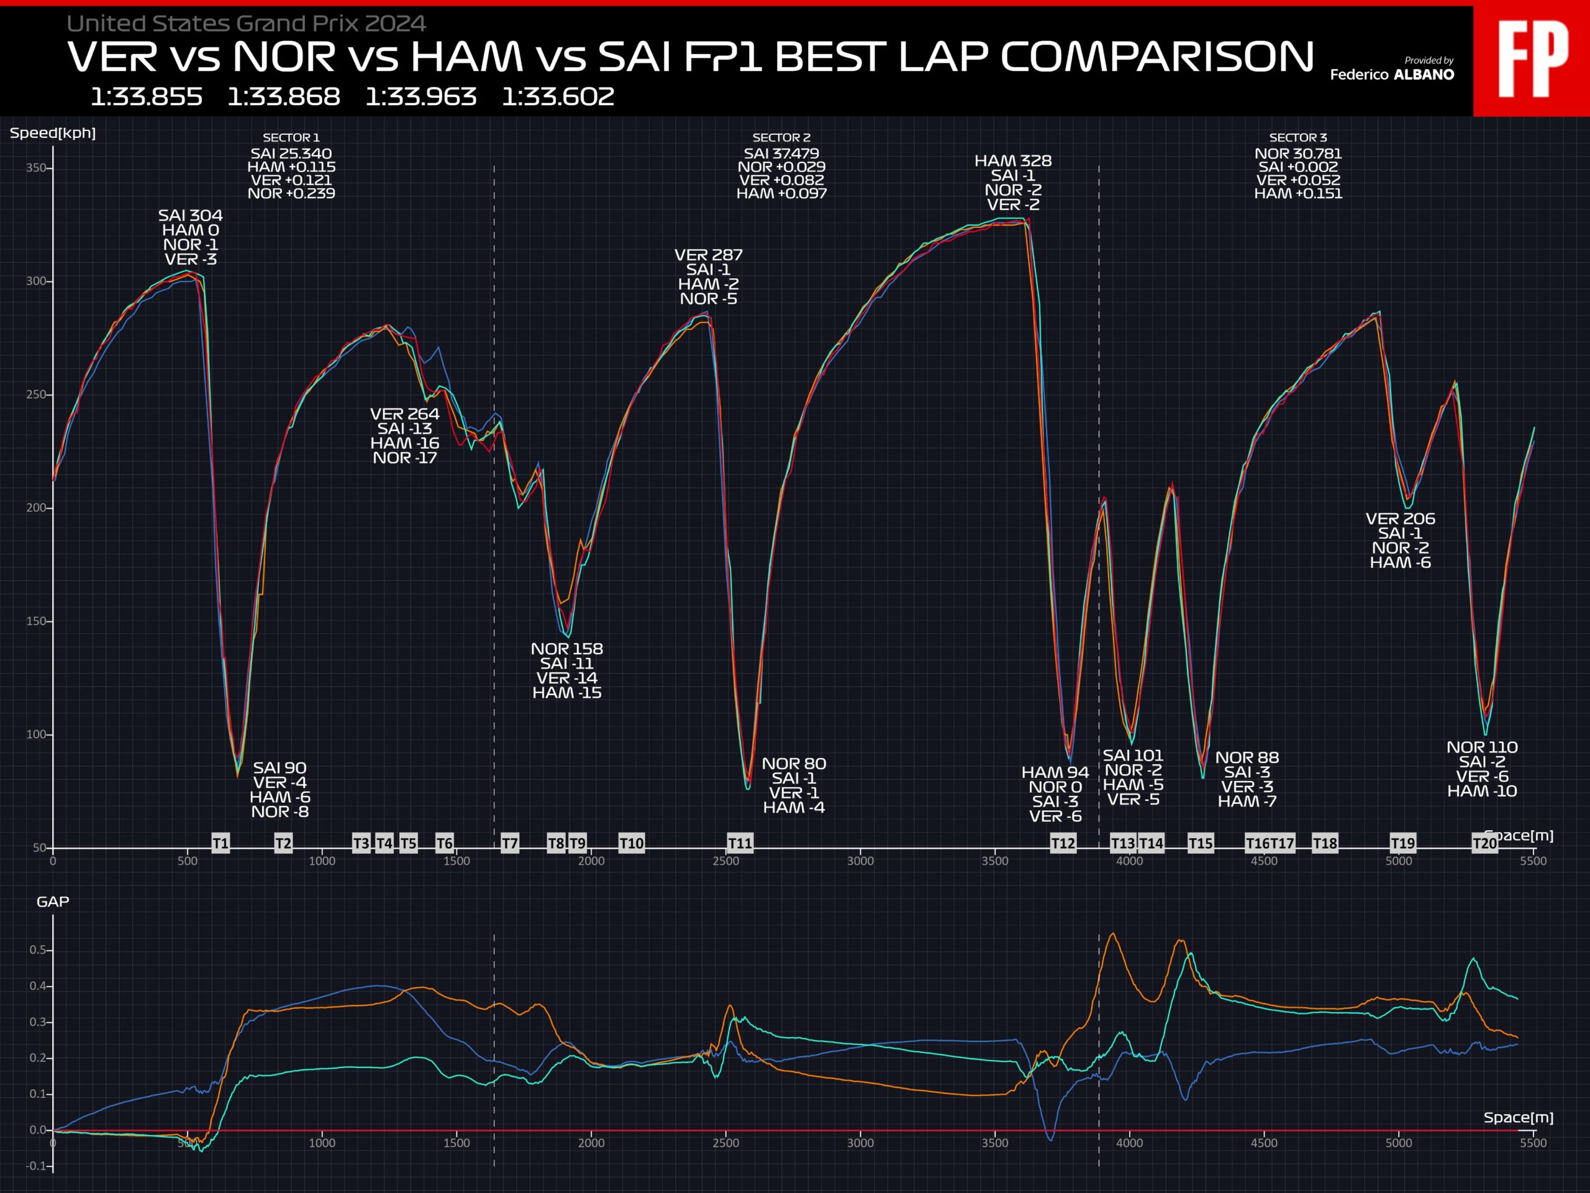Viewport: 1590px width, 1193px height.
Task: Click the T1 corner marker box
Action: [220, 843]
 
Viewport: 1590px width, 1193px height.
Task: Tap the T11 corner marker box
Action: [740, 843]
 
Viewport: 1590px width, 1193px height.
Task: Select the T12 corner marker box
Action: [1063, 843]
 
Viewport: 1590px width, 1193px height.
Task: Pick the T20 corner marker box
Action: [1484, 843]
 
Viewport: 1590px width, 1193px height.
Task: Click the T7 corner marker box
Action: [510, 843]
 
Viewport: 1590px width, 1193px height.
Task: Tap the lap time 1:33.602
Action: [558, 96]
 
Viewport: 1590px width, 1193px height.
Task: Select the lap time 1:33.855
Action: [147, 96]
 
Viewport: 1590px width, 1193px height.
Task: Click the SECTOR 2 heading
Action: [781, 137]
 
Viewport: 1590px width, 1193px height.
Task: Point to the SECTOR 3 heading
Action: [1298, 137]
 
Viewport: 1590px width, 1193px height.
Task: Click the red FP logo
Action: [1532, 59]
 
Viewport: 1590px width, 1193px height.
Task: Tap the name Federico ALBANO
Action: [1392, 75]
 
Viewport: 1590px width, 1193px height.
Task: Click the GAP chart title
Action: [52, 902]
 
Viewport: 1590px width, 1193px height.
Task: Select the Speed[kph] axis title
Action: [52, 133]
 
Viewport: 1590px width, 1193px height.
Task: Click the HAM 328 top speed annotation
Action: [1013, 161]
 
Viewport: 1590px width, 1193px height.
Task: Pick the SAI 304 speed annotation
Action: [191, 216]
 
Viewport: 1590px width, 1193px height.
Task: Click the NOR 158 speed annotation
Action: [567, 649]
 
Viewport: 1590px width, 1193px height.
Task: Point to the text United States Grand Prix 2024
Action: [247, 24]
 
